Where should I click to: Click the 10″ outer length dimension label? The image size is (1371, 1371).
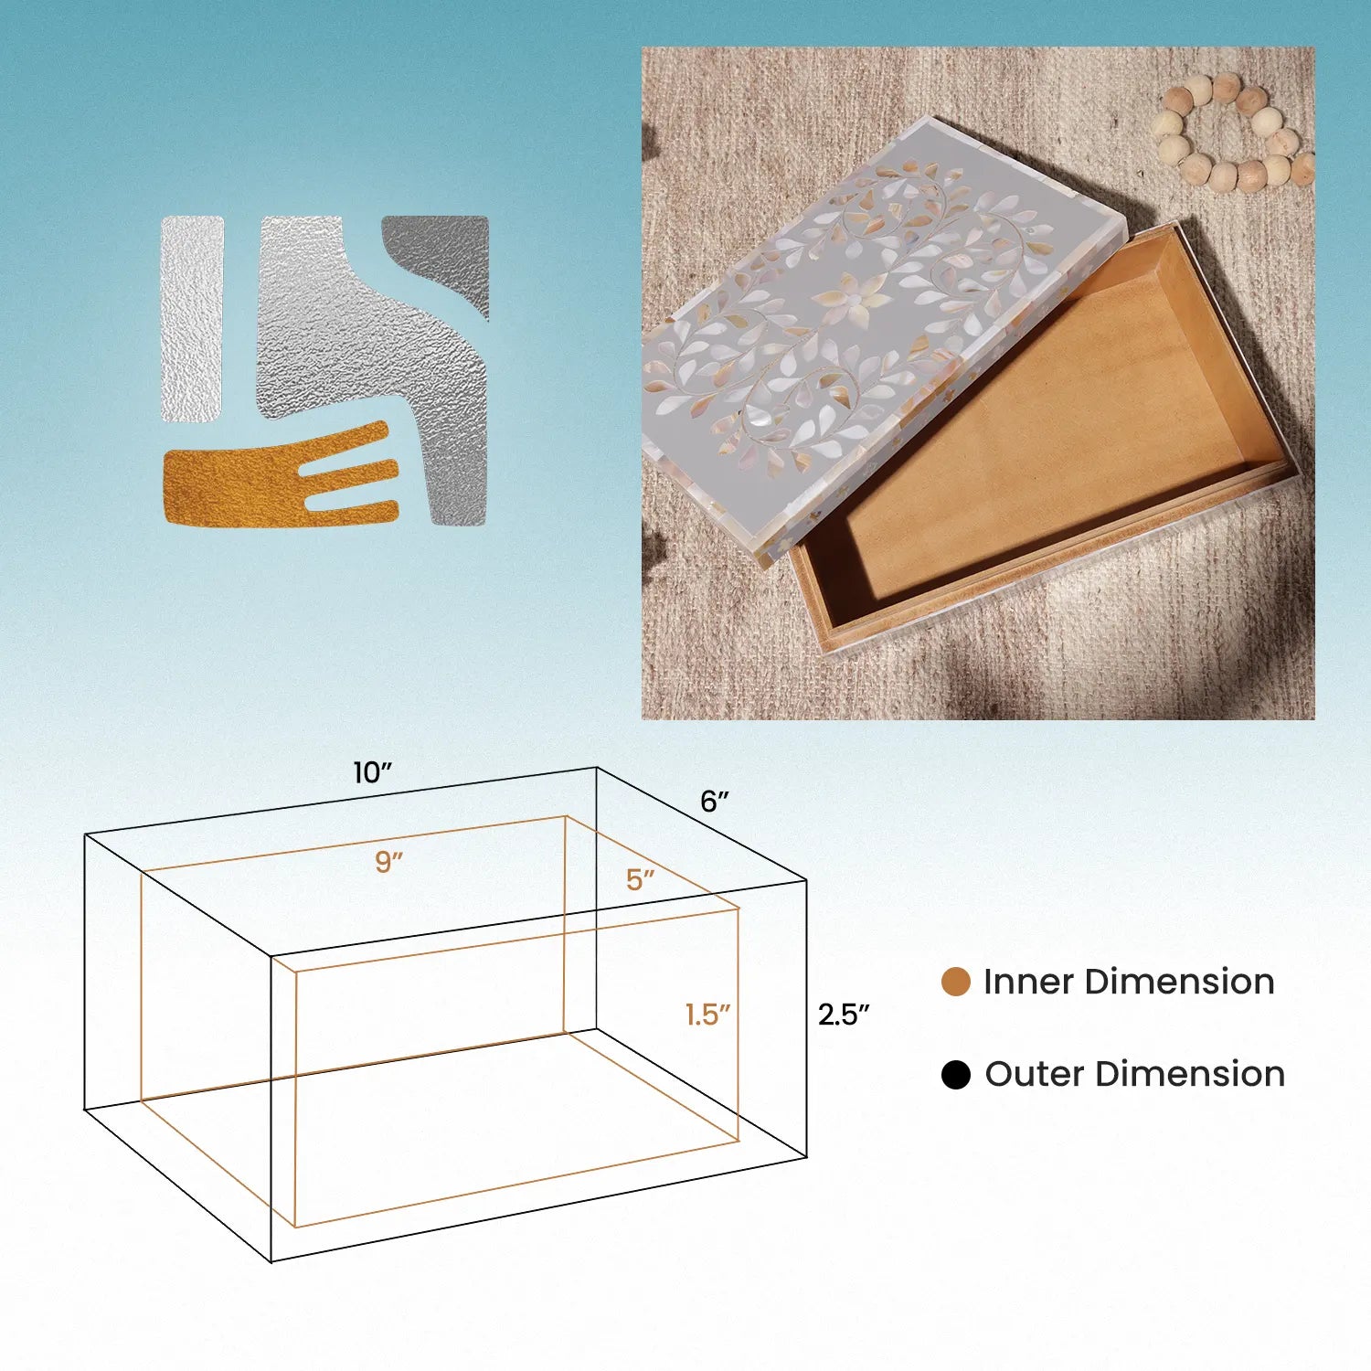372,773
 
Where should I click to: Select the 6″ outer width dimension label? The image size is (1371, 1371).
715,802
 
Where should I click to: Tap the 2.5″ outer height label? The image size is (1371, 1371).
843,1015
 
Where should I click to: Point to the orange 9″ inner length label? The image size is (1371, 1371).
388,862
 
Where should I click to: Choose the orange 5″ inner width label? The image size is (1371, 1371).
640,879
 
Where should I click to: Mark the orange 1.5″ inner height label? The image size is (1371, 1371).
708,1015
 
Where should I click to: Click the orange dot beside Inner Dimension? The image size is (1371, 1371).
955,982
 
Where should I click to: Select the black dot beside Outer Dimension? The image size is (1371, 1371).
955,1075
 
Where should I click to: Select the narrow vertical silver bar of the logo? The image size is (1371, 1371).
193,319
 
